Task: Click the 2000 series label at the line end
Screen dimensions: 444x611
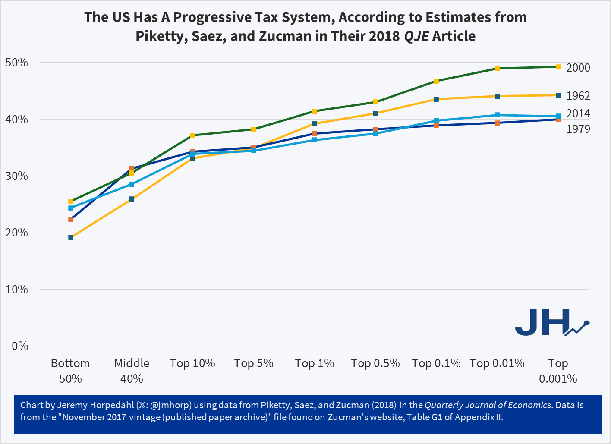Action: (x=578, y=68)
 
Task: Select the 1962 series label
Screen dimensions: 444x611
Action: (x=578, y=96)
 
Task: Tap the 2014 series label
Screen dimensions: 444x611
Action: (x=578, y=113)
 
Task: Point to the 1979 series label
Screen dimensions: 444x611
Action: (x=578, y=129)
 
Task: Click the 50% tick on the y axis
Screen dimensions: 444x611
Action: (x=17, y=63)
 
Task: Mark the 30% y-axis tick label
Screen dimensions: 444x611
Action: (x=17, y=176)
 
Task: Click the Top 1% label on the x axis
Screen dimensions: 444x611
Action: (x=315, y=363)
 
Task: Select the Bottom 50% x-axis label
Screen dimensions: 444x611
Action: (x=70, y=371)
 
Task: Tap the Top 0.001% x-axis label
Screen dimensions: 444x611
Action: (x=558, y=371)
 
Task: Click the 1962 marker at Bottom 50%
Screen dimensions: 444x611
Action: (x=71, y=237)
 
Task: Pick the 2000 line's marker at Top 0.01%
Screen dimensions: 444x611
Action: (x=498, y=68)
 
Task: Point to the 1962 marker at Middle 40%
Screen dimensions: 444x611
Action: (x=132, y=199)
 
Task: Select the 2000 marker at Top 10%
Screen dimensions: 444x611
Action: (x=192, y=135)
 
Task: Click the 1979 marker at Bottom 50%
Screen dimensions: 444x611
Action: (x=71, y=220)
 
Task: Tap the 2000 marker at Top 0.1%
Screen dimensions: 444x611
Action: (x=436, y=81)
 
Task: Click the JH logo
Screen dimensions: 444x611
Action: (x=551, y=322)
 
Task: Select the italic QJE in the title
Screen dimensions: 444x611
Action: (x=416, y=36)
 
